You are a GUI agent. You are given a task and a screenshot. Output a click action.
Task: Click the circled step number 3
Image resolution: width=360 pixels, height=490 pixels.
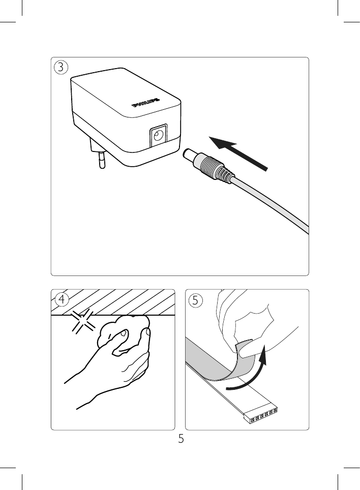(61, 68)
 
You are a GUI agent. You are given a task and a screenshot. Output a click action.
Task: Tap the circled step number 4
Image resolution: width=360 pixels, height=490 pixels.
(62, 300)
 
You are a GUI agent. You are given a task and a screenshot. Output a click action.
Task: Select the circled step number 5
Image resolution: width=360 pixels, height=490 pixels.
(196, 300)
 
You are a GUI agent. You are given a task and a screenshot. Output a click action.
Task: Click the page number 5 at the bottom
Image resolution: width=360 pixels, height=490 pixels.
(181, 439)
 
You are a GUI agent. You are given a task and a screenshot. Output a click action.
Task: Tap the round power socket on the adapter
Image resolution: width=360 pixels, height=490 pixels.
(159, 135)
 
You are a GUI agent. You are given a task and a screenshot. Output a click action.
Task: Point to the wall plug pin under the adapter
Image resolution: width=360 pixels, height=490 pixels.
(102, 160)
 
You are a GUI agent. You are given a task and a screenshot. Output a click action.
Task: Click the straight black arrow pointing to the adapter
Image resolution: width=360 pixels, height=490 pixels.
(238, 154)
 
